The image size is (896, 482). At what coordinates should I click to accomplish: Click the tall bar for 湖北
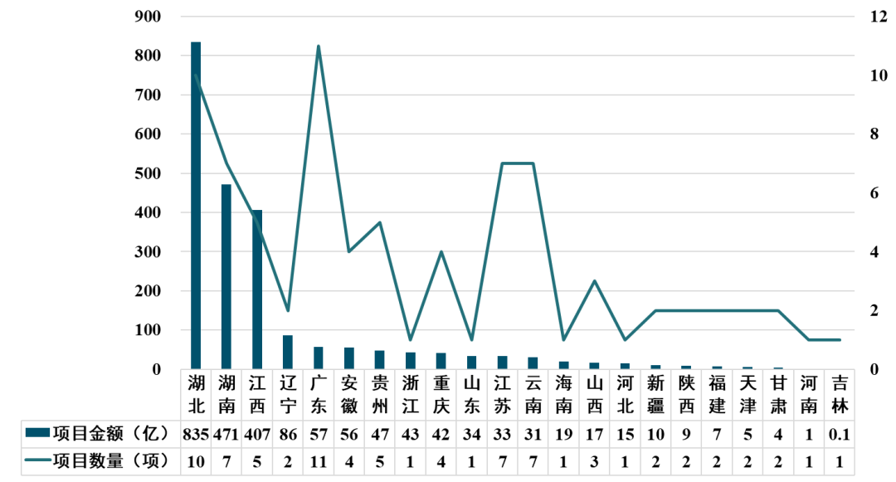(x=196, y=207)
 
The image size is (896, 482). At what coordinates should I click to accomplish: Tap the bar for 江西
(x=257, y=290)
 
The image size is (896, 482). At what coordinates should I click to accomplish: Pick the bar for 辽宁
(x=288, y=353)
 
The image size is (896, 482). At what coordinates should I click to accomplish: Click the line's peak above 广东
(x=319, y=46)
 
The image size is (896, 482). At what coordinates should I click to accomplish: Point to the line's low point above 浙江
(x=410, y=339)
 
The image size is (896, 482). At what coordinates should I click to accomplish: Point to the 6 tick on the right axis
(x=874, y=193)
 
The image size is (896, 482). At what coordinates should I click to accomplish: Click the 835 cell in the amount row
(x=197, y=433)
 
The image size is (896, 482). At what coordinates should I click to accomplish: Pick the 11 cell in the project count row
(x=319, y=461)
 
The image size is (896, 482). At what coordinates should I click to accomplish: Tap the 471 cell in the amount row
(x=226, y=433)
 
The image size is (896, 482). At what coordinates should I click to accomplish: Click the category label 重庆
(x=441, y=394)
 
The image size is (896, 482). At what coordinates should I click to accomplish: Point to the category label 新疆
(x=655, y=394)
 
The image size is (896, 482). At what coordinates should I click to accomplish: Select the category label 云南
(x=533, y=394)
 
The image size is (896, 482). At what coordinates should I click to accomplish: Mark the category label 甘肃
(x=778, y=394)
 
